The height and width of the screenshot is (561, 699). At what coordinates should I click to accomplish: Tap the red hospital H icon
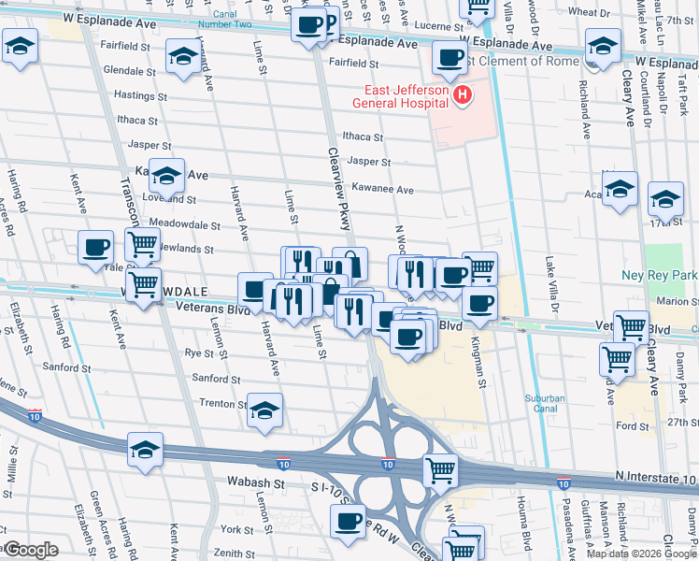tap(461, 95)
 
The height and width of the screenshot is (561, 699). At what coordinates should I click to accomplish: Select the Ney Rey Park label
tap(660, 276)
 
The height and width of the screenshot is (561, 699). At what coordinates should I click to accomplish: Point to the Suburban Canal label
tap(544, 404)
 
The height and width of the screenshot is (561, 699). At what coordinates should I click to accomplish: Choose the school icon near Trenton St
tap(265, 410)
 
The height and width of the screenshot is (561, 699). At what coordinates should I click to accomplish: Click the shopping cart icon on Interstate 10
tap(440, 470)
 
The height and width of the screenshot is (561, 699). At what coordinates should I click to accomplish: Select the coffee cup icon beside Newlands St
tap(95, 247)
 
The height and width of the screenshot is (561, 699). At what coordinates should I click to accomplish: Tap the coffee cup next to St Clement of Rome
tap(449, 58)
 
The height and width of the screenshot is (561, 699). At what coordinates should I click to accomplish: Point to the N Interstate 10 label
tap(655, 479)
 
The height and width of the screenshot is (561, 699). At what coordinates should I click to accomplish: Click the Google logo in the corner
tap(32, 550)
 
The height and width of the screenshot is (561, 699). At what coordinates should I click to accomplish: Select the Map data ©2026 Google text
tap(640, 554)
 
